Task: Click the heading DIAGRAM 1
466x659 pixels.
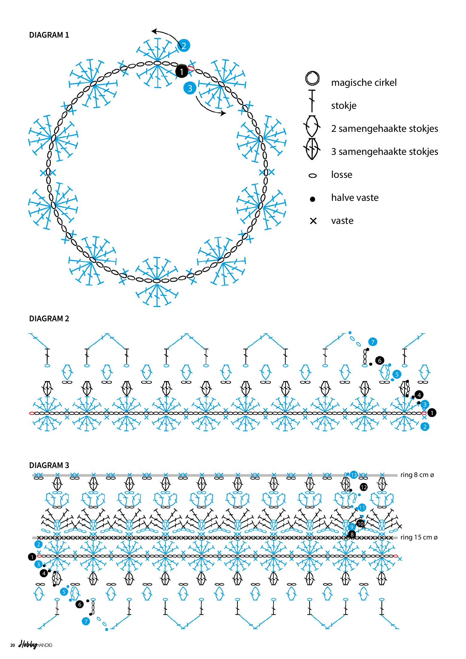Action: [49, 35]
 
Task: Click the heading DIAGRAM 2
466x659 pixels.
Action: [49, 319]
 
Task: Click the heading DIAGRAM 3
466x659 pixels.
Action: [49, 465]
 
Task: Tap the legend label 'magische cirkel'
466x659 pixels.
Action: [364, 82]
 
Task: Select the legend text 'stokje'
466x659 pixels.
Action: [344, 105]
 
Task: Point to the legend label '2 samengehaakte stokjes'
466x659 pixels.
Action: [384, 129]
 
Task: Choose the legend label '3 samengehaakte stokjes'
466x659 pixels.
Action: [384, 152]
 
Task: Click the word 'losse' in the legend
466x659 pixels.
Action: [342, 175]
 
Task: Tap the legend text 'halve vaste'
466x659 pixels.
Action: [355, 198]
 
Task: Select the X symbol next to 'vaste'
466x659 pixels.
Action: [313, 221]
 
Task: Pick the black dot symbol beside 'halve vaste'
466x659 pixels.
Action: [312, 199]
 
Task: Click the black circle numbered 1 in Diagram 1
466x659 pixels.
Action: [181, 72]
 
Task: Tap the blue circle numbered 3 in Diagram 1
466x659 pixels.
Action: [190, 88]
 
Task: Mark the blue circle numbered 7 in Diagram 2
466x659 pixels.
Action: [372, 342]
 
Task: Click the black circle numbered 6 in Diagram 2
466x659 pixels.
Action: [380, 360]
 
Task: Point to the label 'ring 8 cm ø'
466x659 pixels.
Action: [417, 475]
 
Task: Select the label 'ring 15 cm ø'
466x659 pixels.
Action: [419, 537]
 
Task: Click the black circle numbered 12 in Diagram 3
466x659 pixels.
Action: [363, 487]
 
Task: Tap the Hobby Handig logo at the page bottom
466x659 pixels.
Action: [35, 645]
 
